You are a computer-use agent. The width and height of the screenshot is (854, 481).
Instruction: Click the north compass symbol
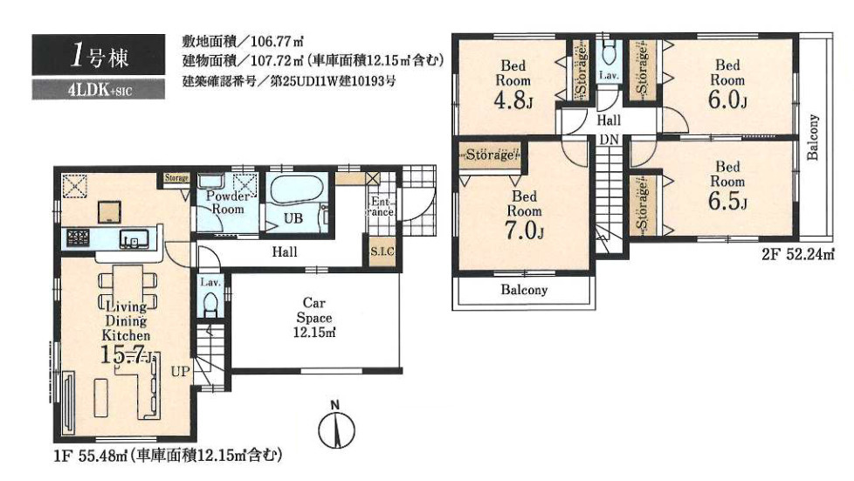(336, 426)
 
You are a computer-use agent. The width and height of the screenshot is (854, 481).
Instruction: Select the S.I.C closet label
(382, 251)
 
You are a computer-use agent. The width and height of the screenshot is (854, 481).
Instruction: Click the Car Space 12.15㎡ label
(314, 317)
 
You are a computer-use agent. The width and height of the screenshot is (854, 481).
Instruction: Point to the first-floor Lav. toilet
(210, 304)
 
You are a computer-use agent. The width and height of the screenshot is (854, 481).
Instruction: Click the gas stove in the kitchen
(78, 237)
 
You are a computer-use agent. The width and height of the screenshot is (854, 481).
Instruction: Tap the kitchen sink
(134, 239)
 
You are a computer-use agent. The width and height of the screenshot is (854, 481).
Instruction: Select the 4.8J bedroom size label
(513, 100)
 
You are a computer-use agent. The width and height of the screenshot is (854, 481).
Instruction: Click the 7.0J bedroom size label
(524, 231)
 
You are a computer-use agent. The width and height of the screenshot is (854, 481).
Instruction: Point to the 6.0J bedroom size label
(727, 100)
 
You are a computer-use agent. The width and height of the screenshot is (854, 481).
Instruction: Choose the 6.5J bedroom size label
(727, 202)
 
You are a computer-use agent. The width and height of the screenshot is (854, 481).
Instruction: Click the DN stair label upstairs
(609, 140)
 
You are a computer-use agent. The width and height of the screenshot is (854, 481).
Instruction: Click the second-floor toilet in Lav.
(609, 52)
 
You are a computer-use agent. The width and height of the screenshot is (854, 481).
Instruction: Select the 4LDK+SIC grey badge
(98, 90)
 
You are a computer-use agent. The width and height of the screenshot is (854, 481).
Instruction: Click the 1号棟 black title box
(98, 54)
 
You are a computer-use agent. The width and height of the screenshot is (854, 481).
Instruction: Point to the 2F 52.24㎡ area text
(798, 254)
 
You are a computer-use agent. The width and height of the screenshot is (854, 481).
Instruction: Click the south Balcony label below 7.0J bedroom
(524, 290)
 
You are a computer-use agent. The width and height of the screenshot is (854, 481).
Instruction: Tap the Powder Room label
(228, 203)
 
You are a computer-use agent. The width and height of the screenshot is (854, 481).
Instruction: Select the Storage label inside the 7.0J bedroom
(490, 155)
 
